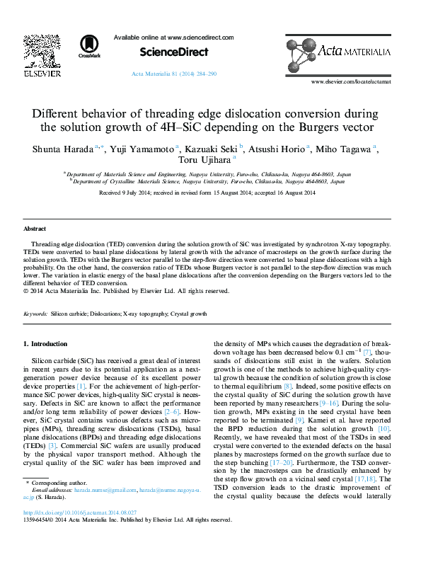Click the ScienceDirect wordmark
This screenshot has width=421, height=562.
point(174,52)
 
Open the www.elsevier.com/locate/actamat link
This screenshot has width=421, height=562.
point(351,82)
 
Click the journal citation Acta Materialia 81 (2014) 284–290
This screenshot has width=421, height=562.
point(174,74)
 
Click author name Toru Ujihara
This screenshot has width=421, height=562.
point(215,161)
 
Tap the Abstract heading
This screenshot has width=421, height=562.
point(35,229)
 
